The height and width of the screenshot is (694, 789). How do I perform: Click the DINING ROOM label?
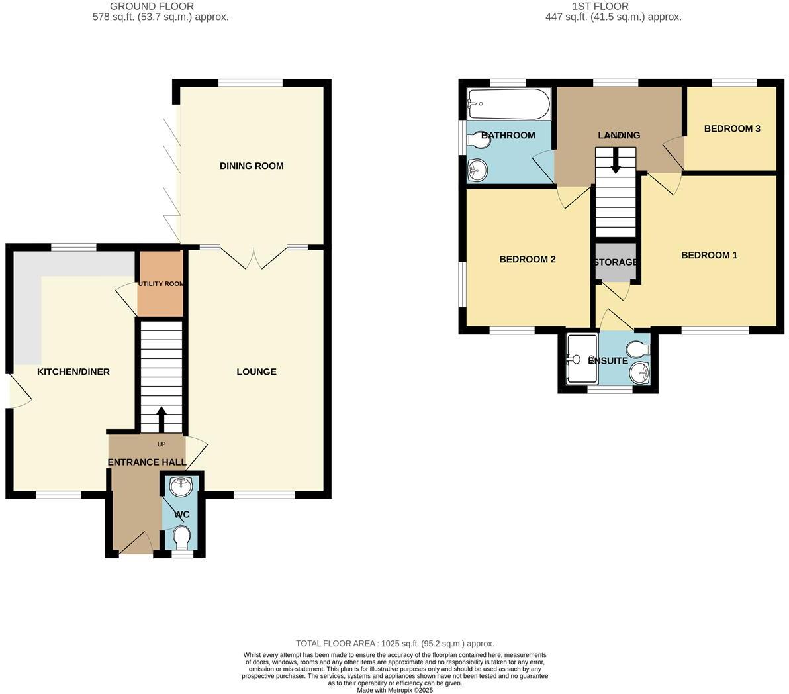[x=252, y=166]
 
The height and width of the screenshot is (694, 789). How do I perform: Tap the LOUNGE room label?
[x=256, y=372]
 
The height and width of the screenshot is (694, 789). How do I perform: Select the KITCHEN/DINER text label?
[x=73, y=372]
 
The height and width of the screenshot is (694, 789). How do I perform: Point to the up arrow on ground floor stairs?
[x=161, y=419]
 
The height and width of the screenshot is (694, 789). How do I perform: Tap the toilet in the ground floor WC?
[x=181, y=537]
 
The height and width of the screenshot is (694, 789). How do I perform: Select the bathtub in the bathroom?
[x=508, y=104]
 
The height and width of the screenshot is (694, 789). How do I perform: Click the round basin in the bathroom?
[x=476, y=171]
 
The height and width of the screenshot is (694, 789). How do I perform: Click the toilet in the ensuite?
[x=638, y=348]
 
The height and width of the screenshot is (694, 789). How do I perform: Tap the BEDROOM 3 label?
[x=731, y=128]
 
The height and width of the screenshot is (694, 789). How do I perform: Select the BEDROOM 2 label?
[x=527, y=259]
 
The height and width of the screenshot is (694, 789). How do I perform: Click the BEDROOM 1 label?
[x=709, y=255]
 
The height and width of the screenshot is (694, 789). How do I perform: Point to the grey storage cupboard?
[x=615, y=262]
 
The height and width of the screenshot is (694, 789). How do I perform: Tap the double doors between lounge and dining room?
[x=254, y=258]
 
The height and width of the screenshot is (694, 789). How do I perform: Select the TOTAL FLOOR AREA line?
[x=394, y=644]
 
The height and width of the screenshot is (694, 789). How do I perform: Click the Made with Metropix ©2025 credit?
[x=394, y=690]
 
